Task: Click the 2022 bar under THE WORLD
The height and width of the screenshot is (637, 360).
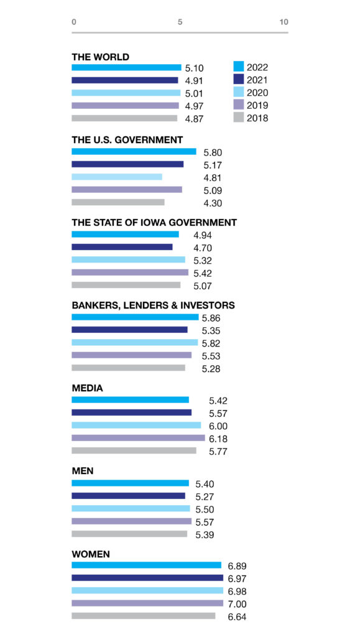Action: tap(126, 67)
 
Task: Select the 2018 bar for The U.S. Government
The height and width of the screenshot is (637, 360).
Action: tap(118, 202)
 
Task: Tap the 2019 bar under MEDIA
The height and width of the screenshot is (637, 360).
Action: tap(139, 438)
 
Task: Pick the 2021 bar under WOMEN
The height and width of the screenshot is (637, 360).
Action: tap(147, 578)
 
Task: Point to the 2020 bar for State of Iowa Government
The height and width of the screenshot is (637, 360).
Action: tap(128, 259)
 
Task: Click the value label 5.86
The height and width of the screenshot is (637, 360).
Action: tap(211, 318)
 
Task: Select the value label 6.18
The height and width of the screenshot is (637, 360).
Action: tap(218, 439)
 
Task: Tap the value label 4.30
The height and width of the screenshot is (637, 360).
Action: tap(213, 203)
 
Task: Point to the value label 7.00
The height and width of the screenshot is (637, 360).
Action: tap(237, 604)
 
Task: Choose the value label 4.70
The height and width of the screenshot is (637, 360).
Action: tap(203, 248)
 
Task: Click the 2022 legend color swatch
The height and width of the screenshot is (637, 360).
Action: tap(239, 67)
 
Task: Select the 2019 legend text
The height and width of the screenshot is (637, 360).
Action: tap(257, 106)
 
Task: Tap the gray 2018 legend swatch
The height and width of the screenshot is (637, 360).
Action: tap(239, 118)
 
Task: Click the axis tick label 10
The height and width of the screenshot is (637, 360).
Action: tap(284, 22)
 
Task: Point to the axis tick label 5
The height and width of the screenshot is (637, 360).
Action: tap(180, 22)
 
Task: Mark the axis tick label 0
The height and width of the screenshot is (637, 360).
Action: tap(74, 22)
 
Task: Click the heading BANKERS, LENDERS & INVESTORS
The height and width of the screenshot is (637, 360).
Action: tap(154, 305)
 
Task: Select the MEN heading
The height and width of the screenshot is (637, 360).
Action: tap(83, 471)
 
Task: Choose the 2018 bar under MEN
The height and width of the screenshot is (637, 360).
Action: tap(129, 534)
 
